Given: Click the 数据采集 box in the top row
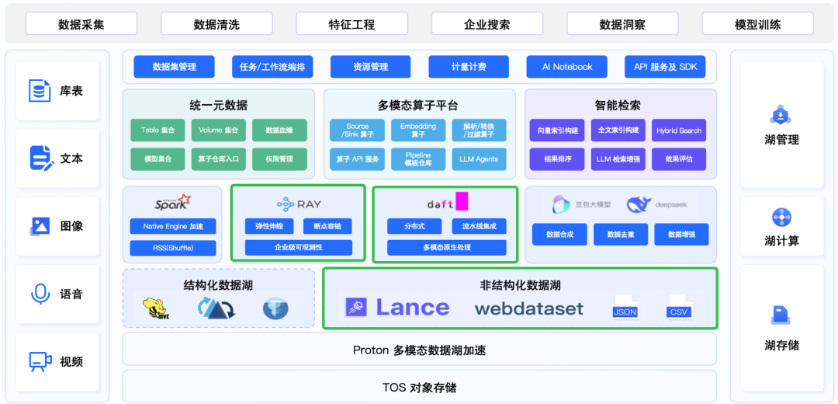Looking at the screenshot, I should (x=81, y=24).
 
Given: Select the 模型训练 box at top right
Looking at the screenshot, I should (x=757, y=24).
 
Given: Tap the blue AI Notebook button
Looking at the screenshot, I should (x=567, y=67).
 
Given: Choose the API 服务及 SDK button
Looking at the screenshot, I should (x=665, y=67).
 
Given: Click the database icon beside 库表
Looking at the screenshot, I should (x=40, y=91).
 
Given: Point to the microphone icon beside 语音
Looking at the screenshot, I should (x=40, y=294).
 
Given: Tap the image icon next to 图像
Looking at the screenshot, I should (x=40, y=226).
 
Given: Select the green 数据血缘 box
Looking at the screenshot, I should (x=279, y=131).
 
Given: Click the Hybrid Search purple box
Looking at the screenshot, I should (x=679, y=131).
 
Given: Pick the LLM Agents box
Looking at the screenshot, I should (x=479, y=159).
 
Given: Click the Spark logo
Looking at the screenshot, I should (x=171, y=203).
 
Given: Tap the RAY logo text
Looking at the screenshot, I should (x=299, y=204).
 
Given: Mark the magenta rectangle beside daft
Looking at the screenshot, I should (x=462, y=201).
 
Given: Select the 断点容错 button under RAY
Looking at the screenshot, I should (x=327, y=226).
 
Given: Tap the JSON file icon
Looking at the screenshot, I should (x=625, y=306).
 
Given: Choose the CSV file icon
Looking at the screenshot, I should (x=679, y=306).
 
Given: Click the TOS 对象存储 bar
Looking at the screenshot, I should (x=419, y=387).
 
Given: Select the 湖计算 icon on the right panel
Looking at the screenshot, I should (x=781, y=218).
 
